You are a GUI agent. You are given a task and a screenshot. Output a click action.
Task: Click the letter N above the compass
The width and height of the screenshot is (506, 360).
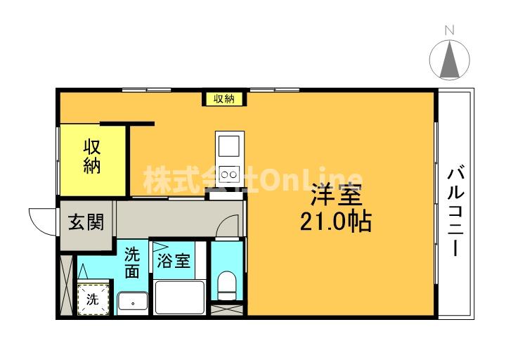coord(449,30)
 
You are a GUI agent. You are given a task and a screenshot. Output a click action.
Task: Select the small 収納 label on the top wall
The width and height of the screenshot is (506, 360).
coord(224,98)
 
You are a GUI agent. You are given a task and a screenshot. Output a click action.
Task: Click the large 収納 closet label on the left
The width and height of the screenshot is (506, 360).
coord(92,157)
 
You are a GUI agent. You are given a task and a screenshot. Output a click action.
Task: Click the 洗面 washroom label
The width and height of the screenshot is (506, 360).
coord(132,262)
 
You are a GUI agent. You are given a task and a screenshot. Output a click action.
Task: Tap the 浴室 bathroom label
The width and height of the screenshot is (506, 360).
coord(173,262)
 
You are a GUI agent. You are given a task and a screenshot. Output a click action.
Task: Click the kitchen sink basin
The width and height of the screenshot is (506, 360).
coord(228,146)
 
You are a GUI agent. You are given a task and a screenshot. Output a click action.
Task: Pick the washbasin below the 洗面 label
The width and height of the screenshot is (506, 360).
coord(131,302)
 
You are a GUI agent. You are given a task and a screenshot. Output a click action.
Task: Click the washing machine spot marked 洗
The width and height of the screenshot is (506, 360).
coord(93,299)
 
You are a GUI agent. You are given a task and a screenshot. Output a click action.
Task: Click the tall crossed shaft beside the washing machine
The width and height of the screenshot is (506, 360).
coord(67,286)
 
